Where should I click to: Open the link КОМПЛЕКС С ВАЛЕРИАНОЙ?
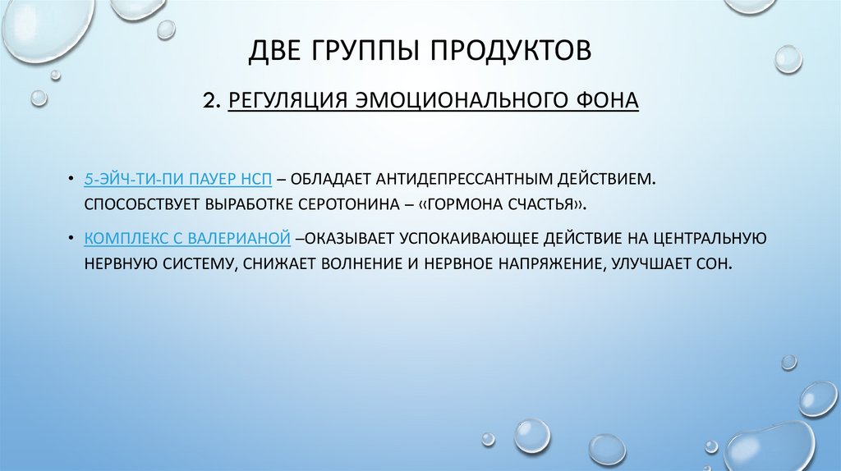186,239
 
